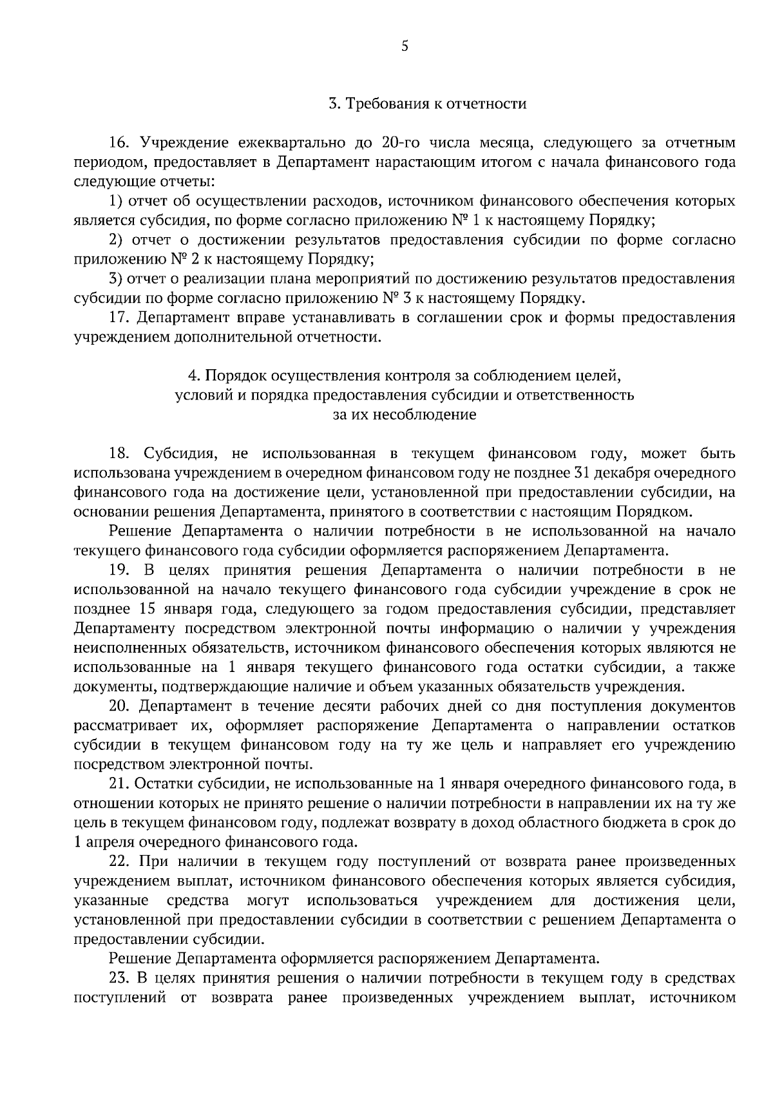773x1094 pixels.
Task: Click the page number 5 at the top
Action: coord(405,46)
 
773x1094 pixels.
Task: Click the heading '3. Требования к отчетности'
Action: coord(427,103)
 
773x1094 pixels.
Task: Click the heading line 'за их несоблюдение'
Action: coord(404,415)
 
